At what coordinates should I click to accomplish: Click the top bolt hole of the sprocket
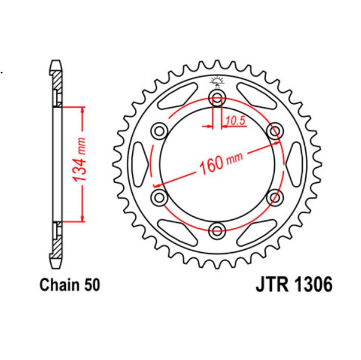click(x=218, y=98)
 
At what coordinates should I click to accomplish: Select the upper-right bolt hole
click(x=275, y=132)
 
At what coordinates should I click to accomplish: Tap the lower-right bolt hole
click(x=275, y=197)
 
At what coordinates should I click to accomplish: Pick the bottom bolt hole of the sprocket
click(x=218, y=230)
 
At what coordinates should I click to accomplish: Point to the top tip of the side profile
click(x=57, y=62)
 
